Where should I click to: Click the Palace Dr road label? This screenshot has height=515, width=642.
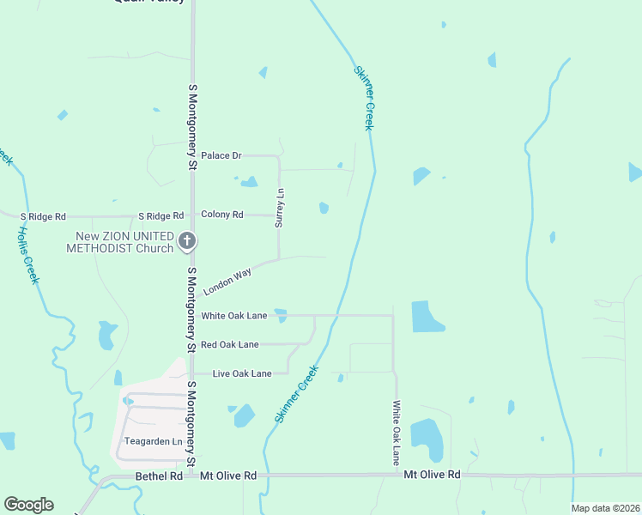click(221, 155)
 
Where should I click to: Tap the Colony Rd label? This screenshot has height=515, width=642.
click(221, 215)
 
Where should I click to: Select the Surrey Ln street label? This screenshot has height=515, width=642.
click(279, 209)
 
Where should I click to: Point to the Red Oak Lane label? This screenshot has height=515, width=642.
click(229, 345)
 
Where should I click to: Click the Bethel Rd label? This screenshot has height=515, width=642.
click(160, 476)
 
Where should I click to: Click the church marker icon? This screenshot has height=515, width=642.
click(188, 242)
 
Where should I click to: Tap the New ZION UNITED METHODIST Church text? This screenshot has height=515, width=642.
click(120, 243)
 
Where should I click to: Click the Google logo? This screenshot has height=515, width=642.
click(28, 505)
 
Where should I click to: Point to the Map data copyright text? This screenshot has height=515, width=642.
click(606, 508)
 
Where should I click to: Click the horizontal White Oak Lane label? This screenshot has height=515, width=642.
click(234, 316)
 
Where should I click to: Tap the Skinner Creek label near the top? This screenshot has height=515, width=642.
click(365, 98)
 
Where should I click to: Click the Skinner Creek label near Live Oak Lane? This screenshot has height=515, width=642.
click(297, 393)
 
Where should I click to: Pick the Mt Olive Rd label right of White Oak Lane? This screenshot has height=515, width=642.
click(432, 475)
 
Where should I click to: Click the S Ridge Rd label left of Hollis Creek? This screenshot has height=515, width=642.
click(43, 216)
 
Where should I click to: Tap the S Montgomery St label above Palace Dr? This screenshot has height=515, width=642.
click(192, 115)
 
